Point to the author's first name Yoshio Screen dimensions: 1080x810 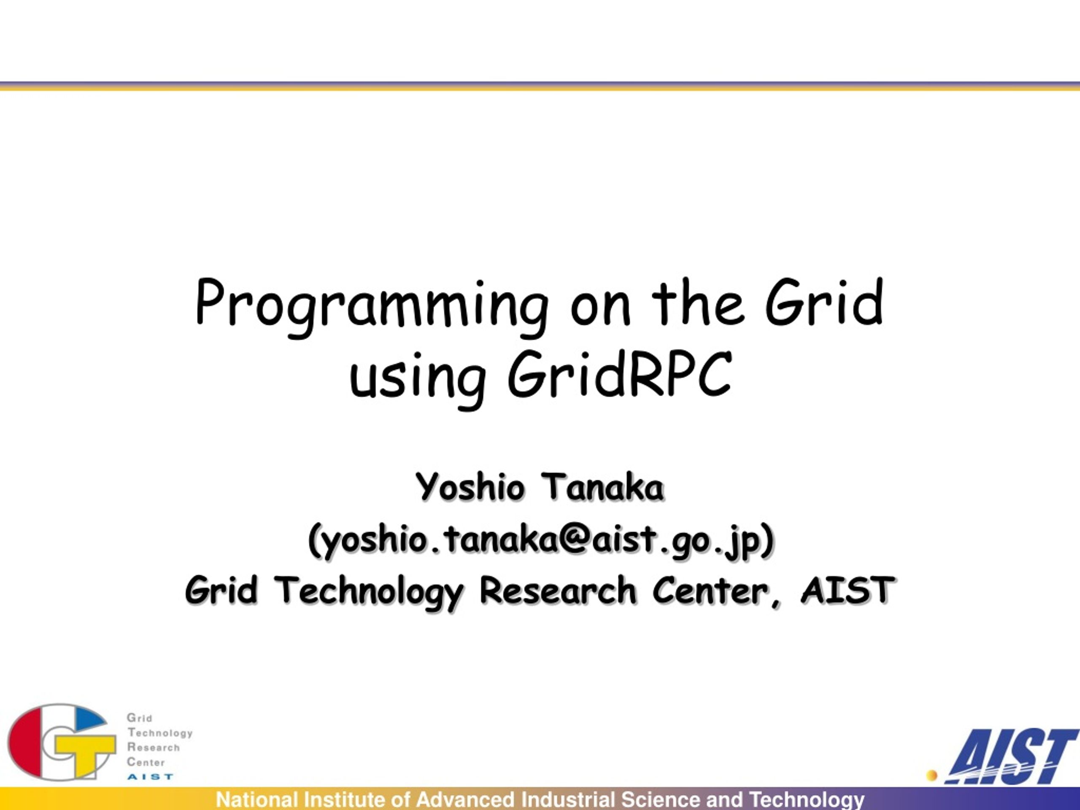coord(470,488)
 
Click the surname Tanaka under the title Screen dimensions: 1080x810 coord(603,487)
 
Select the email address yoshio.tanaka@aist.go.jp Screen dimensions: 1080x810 coord(541,540)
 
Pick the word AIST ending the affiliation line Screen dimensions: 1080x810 coord(848,590)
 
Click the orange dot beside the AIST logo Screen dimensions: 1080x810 coord(932,775)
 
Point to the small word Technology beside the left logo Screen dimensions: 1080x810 coord(160,733)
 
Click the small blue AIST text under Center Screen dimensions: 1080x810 coord(150,776)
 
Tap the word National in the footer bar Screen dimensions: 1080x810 coord(257,800)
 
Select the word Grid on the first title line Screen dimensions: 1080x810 coord(824,303)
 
